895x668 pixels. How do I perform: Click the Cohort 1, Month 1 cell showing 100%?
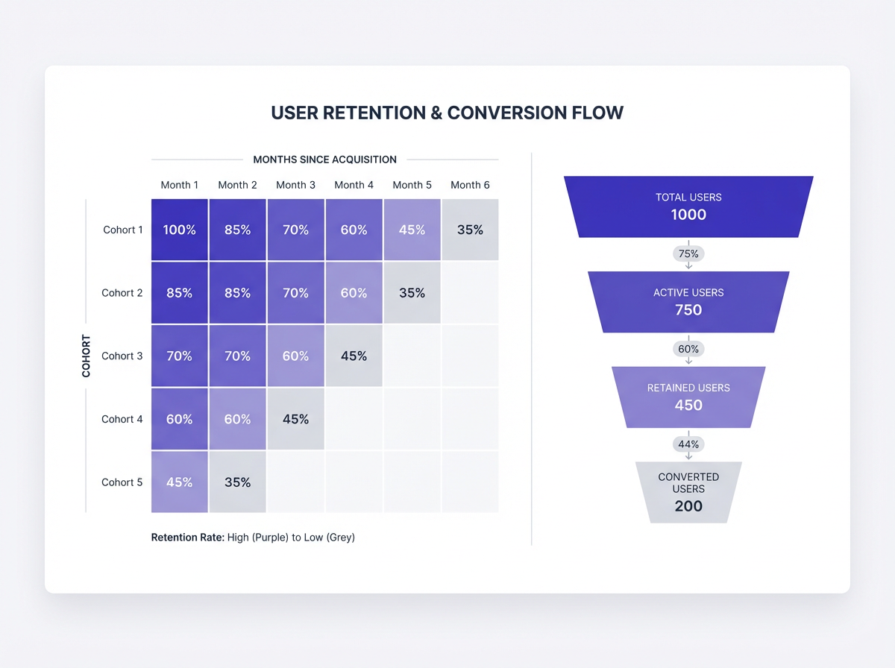[179, 230]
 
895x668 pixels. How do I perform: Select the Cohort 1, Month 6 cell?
[470, 230]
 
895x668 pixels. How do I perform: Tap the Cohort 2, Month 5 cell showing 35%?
[412, 293]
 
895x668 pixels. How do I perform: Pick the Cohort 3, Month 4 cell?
[354, 356]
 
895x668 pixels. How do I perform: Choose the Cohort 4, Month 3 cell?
[295, 419]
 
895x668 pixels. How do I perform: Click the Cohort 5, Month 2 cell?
[237, 482]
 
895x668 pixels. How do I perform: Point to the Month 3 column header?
[295, 185]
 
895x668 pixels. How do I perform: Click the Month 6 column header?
[470, 185]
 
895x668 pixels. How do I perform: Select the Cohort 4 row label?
[122, 419]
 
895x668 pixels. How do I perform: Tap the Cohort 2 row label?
[122, 293]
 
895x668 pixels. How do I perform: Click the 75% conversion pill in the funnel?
[688, 253]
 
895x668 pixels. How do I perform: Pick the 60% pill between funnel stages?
[688, 349]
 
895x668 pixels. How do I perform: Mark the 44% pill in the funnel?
[688, 444]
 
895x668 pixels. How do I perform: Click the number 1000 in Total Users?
[688, 215]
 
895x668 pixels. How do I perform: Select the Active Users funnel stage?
[688, 301]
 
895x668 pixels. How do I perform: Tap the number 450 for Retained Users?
[688, 406]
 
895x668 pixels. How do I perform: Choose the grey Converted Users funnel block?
[688, 492]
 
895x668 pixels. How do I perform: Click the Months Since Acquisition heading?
[324, 160]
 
